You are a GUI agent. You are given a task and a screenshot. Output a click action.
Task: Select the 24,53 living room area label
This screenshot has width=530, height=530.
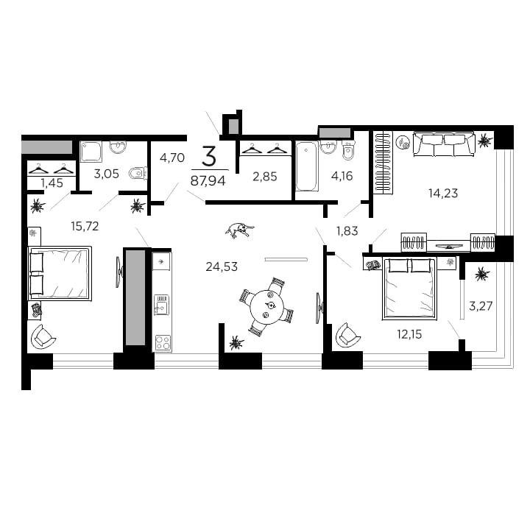[x=222, y=266]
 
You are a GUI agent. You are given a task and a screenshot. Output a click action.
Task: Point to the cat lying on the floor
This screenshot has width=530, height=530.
[x=240, y=230]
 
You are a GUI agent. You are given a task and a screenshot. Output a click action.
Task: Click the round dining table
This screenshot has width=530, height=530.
[x=266, y=306]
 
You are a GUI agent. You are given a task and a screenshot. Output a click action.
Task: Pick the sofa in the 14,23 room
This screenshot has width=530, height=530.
[x=443, y=144]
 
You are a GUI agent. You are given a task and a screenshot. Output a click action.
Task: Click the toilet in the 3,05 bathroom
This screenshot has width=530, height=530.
[x=137, y=174]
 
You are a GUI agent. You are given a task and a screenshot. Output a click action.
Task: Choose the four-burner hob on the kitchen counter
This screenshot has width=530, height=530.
[x=162, y=342]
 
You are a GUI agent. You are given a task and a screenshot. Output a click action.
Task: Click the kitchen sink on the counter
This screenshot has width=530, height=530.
[x=161, y=304]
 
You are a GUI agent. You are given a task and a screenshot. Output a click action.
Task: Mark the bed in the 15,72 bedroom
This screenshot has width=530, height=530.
[x=60, y=273]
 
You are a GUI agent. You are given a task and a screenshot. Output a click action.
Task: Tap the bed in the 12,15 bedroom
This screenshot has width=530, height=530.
[x=409, y=288]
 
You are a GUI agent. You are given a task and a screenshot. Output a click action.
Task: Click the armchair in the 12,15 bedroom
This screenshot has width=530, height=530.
[x=347, y=336]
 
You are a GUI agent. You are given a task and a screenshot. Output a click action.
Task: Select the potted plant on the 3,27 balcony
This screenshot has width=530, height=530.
[x=481, y=275]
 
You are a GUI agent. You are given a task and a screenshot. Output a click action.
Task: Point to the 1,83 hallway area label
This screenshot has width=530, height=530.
[x=347, y=230]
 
